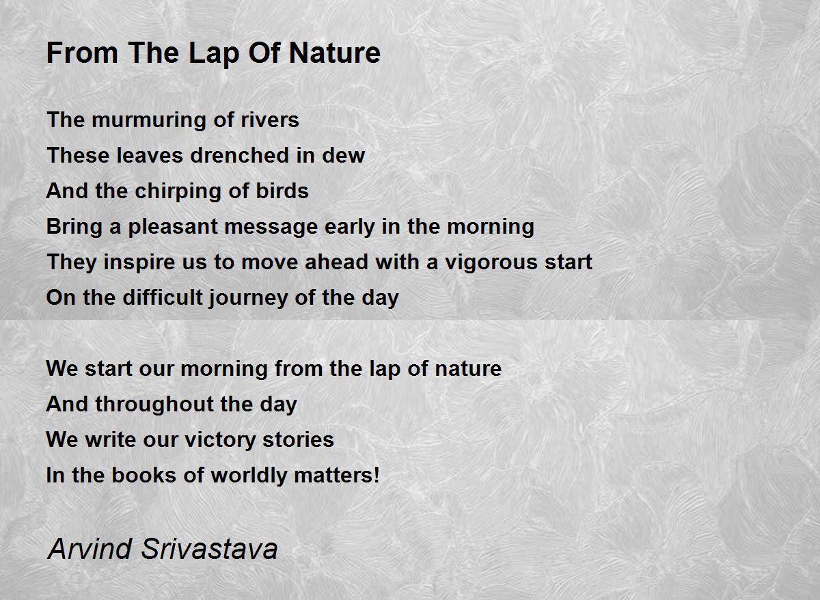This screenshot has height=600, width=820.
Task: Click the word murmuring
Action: point(149,120)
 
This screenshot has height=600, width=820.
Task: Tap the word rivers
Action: point(270,120)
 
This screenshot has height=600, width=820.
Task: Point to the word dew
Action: point(343,155)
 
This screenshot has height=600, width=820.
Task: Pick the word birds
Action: point(282,191)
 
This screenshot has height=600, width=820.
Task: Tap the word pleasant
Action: point(173,227)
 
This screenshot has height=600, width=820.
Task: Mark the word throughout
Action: point(154,405)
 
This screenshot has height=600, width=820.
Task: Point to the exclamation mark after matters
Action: point(377,475)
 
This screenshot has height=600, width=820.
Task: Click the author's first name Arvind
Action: point(90,549)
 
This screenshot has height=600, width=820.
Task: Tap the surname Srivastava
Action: point(209,549)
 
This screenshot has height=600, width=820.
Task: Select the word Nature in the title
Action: point(335,53)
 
